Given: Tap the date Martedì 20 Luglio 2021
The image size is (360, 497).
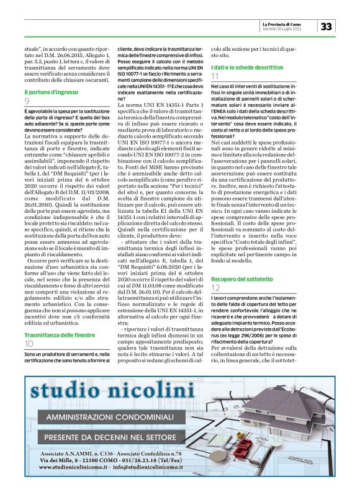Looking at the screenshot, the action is [283, 29].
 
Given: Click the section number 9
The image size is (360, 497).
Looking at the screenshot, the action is [27, 101].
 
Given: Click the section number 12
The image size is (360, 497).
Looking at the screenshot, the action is [215, 289].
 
